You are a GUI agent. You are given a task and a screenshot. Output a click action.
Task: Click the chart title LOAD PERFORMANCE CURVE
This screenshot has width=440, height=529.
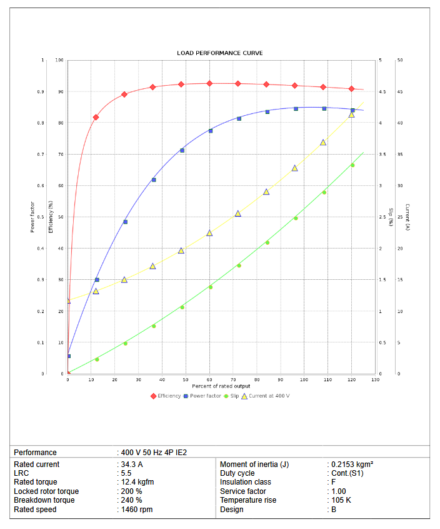(220, 53)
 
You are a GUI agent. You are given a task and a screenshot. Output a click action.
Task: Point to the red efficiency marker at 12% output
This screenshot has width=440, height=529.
(96, 117)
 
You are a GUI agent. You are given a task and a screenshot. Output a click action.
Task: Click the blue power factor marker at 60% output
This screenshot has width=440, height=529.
(210, 131)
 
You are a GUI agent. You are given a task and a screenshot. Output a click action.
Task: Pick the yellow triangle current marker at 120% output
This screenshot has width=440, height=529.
(351, 115)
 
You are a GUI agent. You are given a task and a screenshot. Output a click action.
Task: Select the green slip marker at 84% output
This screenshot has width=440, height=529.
(267, 242)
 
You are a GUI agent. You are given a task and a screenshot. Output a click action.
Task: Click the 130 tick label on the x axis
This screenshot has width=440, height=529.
(375, 380)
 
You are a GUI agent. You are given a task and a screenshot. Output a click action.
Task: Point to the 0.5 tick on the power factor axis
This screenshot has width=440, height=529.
(41, 217)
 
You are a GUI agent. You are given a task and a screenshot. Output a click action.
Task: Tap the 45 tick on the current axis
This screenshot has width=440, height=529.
(399, 92)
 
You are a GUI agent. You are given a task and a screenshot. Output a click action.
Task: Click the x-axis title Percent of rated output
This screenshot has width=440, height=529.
(221, 386)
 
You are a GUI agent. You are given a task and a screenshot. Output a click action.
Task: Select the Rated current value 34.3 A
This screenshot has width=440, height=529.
(131, 465)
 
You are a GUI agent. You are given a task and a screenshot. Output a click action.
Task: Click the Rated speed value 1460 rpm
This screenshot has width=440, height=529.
(136, 510)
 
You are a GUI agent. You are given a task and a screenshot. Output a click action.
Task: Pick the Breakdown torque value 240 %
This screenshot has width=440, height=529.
(131, 500)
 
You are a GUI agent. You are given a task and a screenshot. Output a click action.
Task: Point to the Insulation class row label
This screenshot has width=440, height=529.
(246, 482)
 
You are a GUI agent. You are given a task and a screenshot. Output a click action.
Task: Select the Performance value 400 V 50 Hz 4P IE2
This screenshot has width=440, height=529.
(154, 452)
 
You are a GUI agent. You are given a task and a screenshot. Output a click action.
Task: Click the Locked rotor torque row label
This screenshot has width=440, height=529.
(46, 491)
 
